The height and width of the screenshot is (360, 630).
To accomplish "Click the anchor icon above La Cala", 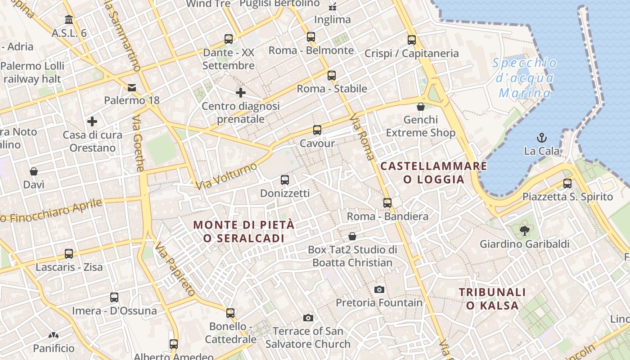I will (542, 137).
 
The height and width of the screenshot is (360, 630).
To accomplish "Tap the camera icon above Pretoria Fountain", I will (379, 289).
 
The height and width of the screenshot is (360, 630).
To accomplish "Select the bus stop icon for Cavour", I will (317, 130).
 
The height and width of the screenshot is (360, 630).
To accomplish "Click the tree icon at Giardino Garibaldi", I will (524, 231).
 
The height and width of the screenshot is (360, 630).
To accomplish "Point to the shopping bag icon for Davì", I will (34, 171).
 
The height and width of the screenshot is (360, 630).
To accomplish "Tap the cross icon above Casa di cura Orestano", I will (92, 121).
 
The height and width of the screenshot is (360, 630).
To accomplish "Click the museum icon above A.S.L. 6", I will (69, 20).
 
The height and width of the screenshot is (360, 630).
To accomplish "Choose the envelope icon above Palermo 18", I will (132, 87).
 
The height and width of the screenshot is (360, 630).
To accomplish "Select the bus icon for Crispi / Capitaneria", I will (411, 40).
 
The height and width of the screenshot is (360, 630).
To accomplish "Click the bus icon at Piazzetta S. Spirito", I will (567, 184).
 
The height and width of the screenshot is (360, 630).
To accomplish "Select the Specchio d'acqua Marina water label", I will (525, 78).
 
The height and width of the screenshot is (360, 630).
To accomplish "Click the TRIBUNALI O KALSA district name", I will (492, 299).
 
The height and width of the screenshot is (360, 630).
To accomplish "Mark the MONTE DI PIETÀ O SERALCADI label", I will (244, 231).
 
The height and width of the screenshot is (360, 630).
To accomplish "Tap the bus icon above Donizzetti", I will (285, 180).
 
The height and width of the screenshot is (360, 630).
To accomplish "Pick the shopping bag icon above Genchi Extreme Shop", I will (421, 107).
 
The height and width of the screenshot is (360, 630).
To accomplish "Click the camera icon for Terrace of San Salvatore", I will (308, 318).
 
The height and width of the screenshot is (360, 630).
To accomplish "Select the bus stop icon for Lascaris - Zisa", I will (69, 254).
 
